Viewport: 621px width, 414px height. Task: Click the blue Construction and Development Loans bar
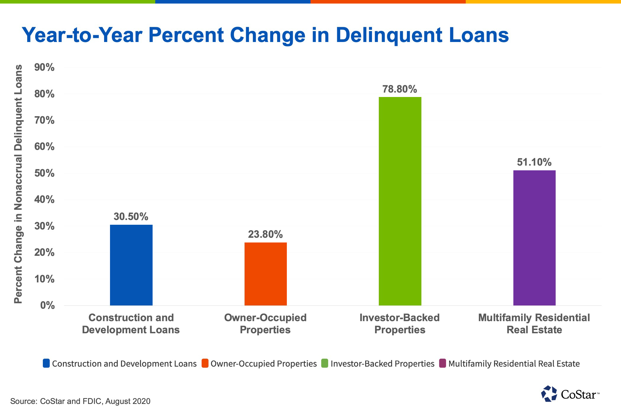point(131,265)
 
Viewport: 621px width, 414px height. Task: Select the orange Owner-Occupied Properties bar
point(266,274)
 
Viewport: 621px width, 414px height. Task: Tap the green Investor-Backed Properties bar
point(400,201)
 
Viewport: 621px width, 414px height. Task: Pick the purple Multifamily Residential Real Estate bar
point(534,238)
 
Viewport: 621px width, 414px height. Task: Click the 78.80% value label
point(400,89)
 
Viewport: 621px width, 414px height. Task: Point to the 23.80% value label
point(265,235)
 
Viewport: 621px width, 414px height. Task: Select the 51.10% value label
point(534,162)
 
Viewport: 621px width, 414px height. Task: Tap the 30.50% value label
point(131,217)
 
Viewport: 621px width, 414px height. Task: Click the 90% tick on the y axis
point(44,67)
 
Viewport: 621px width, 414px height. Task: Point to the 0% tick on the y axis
point(47,305)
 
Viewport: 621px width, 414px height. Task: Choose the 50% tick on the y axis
point(44,173)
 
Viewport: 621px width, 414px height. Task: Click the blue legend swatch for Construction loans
point(46,363)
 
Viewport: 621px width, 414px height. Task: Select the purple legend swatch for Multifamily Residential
point(442,363)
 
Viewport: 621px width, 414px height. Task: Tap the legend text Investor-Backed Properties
point(382,363)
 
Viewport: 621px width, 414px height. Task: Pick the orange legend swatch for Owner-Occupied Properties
point(205,363)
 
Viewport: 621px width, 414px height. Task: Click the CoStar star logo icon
point(549,394)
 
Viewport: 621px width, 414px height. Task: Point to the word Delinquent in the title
point(388,35)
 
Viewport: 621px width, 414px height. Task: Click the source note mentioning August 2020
point(80,401)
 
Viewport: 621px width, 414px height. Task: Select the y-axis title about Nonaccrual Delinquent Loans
point(18,184)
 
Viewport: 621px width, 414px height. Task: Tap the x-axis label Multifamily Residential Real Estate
point(534,324)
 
